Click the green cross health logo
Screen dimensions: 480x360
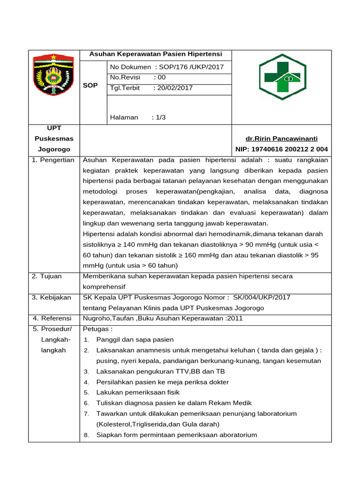pos(283,77)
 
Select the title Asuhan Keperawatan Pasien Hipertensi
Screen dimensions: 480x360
pos(156,54)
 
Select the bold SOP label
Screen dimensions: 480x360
pos(90,85)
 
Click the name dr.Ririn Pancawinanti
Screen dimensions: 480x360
pos(282,138)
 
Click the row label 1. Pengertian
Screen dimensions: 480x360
pos(53,160)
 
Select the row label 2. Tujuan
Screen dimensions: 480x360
pos(47,276)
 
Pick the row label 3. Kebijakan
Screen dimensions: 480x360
pos(52,297)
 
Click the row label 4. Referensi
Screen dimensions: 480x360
pos(52,318)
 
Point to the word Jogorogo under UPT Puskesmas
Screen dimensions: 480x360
pos(54,149)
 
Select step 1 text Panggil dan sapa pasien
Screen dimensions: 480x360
pos(135,339)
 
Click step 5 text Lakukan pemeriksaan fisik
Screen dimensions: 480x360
pos(138,392)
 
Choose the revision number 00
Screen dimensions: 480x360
pos(162,77)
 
